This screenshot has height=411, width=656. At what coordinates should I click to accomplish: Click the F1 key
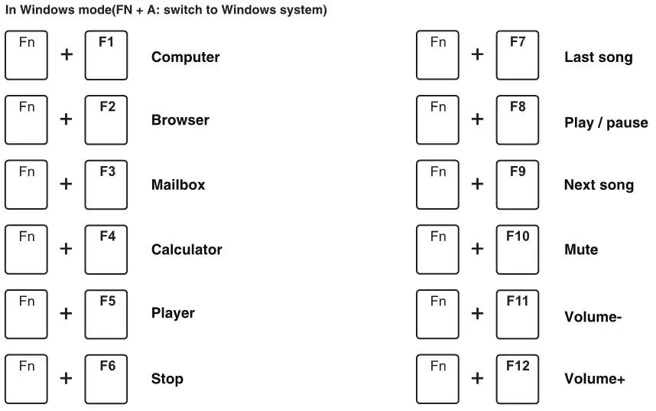[106, 55]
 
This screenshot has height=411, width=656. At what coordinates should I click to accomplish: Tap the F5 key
[106, 314]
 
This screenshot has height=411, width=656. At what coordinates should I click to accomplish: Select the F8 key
[518, 120]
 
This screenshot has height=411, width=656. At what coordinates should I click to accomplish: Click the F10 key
[518, 250]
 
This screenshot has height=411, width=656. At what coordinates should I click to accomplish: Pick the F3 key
[106, 184]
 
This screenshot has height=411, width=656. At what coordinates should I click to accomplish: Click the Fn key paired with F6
[26, 379]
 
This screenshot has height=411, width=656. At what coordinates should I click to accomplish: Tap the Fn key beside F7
[437, 55]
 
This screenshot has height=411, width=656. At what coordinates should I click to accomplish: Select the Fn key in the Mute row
[437, 250]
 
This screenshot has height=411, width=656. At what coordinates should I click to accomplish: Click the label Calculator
[187, 250]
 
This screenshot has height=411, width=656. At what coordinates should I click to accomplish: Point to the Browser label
[180, 120]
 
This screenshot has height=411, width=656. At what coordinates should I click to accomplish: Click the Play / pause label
[606, 122]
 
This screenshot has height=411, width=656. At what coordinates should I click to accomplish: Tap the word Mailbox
[178, 185]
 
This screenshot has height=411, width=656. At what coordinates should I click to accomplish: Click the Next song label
[599, 185]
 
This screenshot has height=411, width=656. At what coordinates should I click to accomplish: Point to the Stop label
[167, 379]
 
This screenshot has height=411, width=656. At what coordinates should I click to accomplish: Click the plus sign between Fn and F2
[67, 119]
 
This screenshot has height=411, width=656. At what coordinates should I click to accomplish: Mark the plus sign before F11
[478, 313]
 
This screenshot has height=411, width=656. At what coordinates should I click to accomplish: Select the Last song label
[598, 57]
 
